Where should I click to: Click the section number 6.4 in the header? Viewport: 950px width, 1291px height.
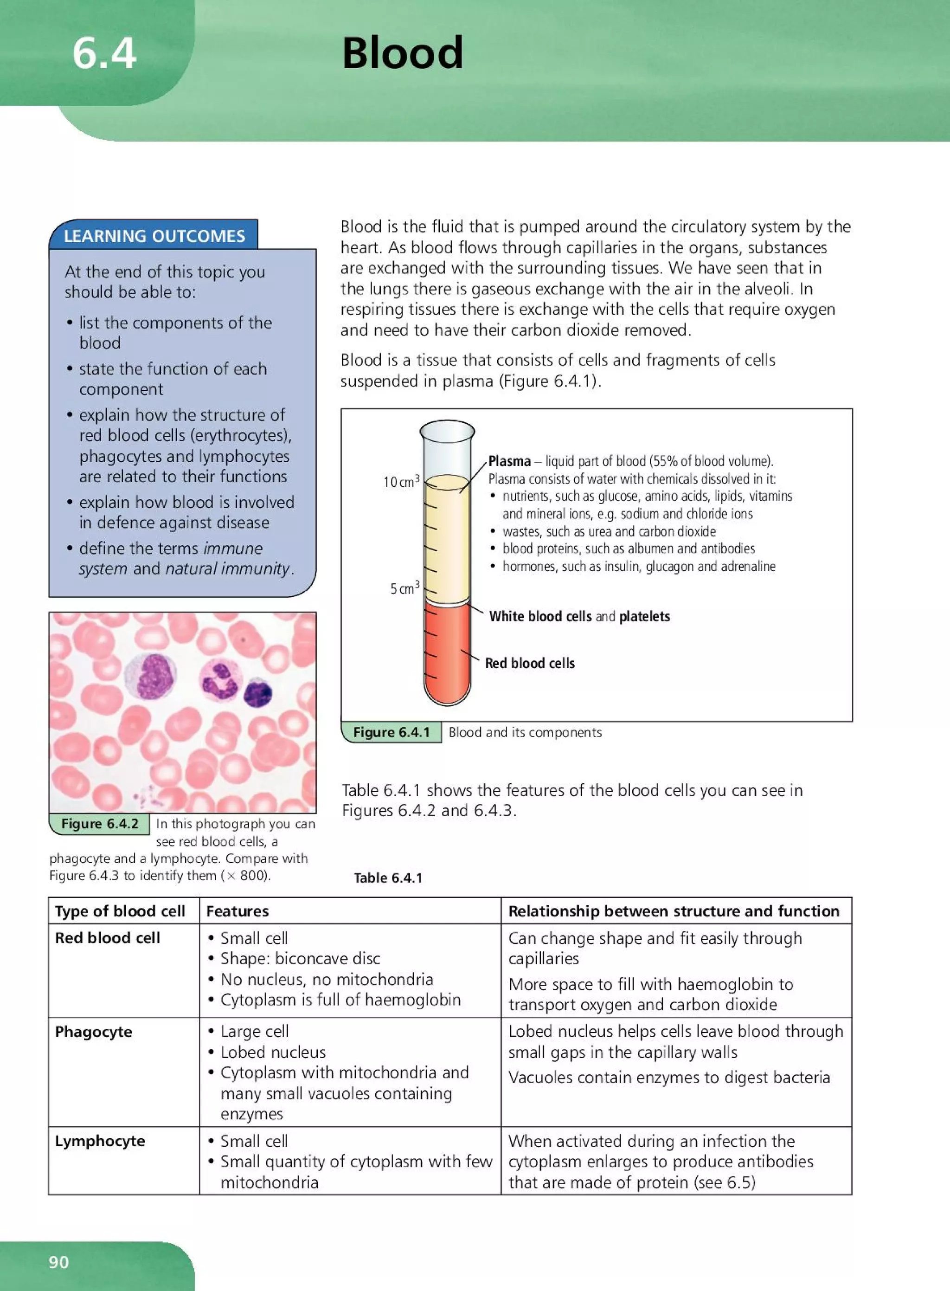104,53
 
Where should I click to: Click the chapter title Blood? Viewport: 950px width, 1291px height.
402,53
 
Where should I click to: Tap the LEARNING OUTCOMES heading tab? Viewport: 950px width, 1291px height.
154,236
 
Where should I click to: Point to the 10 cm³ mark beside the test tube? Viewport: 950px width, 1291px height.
401,482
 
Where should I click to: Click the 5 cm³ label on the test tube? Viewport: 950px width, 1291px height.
404,588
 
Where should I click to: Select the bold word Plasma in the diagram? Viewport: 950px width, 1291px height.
509,461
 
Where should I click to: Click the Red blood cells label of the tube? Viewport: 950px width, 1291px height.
530,663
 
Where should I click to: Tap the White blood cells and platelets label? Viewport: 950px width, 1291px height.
579,616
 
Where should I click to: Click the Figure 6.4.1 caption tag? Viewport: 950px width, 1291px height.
391,732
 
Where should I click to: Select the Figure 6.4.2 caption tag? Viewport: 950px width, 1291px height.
99,824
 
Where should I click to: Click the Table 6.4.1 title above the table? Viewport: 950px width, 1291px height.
388,878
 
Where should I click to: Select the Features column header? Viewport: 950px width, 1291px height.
237,911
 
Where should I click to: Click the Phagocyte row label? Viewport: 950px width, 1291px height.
93,1032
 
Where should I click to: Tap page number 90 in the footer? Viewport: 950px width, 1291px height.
58,1262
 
